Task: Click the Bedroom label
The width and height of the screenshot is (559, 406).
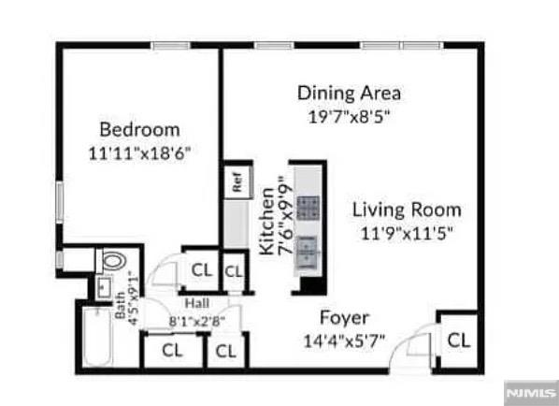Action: (139, 129)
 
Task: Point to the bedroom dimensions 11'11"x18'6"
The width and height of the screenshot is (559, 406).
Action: (139, 153)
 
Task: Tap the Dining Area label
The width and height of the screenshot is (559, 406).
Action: (349, 94)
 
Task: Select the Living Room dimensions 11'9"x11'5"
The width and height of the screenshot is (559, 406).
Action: (407, 234)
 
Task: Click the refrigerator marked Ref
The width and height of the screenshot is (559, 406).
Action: (237, 182)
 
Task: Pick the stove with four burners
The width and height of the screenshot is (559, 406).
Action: (308, 208)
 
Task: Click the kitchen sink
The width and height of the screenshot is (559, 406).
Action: (307, 252)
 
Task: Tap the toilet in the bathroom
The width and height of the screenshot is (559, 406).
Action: (111, 261)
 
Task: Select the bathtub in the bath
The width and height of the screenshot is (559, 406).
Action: (97, 337)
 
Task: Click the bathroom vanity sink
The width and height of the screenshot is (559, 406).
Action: (104, 287)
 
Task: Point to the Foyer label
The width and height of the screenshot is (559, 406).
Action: (344, 317)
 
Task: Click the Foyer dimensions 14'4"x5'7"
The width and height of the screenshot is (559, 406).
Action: (344, 341)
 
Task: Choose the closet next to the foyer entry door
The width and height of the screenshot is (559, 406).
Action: (459, 340)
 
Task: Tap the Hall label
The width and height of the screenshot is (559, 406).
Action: (197, 304)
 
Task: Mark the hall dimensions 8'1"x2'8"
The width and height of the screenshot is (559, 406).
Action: (197, 322)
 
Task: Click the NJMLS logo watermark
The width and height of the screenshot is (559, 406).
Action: (532, 393)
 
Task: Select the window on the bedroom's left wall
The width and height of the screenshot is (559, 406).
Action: (60, 203)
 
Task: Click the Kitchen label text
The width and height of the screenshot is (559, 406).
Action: (266, 222)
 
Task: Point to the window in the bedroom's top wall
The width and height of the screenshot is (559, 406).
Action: (170, 46)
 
